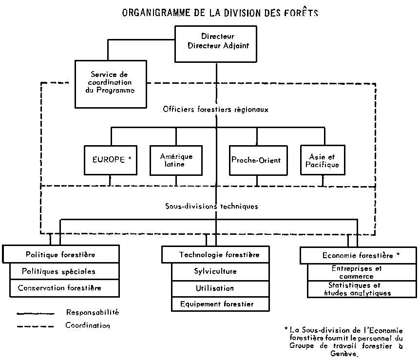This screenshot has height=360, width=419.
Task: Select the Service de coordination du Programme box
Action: [112, 83]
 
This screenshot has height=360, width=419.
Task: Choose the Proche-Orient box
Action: [256, 160]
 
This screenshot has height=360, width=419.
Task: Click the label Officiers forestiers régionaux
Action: [215, 110]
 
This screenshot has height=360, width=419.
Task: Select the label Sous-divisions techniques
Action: [211, 206]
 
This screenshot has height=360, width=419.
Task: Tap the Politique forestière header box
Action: [60, 254]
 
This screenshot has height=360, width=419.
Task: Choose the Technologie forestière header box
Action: [215, 254]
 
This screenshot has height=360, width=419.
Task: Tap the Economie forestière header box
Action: [358, 255]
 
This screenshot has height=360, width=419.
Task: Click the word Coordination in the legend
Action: [88, 325]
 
